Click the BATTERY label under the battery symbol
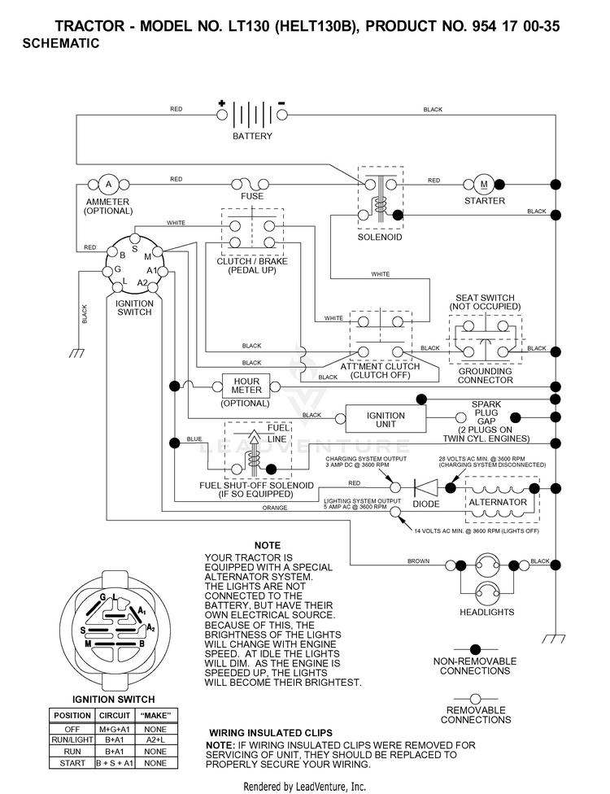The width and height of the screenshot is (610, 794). [252, 136]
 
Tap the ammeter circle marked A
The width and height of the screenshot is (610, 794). [108, 185]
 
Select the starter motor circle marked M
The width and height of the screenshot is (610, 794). [483, 185]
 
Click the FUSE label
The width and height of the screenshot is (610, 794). [252, 197]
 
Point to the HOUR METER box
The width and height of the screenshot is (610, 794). [246, 386]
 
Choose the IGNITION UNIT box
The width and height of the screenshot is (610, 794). [386, 419]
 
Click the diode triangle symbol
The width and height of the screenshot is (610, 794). [425, 487]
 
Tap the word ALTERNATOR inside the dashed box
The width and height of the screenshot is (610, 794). [498, 502]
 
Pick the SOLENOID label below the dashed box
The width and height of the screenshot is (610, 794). [380, 237]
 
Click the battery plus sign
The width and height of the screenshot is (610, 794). [222, 103]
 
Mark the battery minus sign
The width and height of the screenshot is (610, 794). [282, 103]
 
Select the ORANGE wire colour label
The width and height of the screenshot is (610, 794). [275, 508]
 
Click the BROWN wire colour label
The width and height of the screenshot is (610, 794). [419, 561]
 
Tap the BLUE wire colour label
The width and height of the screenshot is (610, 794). [194, 439]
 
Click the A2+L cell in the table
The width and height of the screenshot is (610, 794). [155, 739]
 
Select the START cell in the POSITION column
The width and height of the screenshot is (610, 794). [72, 763]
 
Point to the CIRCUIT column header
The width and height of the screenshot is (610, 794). [115, 716]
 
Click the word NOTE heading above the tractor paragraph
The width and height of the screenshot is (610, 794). [268, 545]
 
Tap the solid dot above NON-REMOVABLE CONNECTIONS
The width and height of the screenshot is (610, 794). [475, 649]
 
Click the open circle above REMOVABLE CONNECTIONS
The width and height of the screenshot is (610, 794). [475, 700]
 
